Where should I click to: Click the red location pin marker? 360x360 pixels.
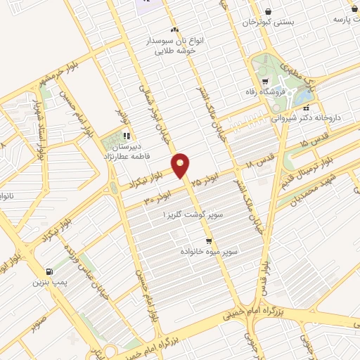[x=181, y=165]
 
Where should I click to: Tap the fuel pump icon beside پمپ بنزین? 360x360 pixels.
[x=48, y=272]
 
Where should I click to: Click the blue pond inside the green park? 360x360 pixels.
[x=304, y=94]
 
